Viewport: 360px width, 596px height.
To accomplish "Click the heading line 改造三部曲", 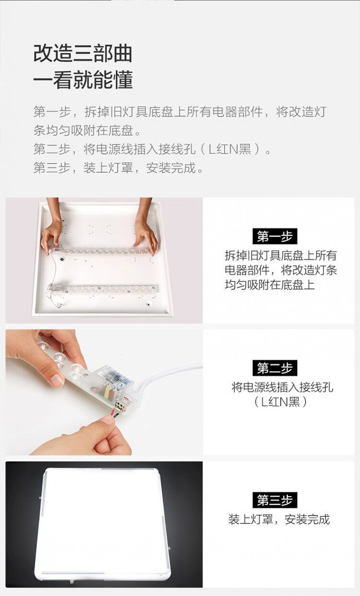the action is pyautogui.click(x=83, y=54).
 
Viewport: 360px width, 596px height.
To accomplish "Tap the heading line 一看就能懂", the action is pyautogui.click(x=83, y=80).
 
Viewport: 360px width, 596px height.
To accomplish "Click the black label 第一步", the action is pyautogui.click(x=275, y=236).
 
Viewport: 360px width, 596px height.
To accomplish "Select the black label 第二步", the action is pyautogui.click(x=275, y=368).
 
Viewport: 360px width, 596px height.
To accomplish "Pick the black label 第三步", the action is pyautogui.click(x=275, y=500).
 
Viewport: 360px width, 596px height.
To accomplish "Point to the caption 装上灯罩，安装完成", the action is pyautogui.click(x=279, y=519).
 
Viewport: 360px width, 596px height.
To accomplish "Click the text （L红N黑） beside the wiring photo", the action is pyautogui.click(x=280, y=402).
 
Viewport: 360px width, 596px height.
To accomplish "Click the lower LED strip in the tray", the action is pyautogui.click(x=103, y=290).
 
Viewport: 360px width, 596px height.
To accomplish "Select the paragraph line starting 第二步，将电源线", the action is pyautogui.click(x=152, y=149).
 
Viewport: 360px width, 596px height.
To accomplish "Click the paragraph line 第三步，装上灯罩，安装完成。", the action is pyautogui.click(x=119, y=168).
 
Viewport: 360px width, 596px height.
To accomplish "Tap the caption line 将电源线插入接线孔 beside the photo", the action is pyautogui.click(x=282, y=387).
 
